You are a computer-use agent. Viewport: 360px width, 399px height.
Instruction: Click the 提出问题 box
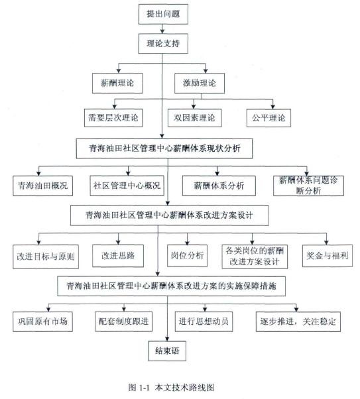[x=163, y=14]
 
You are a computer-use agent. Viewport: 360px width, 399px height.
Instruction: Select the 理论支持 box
[x=163, y=44]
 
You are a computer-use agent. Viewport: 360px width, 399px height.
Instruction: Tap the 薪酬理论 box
[x=117, y=83]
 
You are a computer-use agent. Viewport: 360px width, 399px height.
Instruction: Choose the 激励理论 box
[x=200, y=83]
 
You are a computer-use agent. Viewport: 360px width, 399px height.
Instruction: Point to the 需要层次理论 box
[x=113, y=118]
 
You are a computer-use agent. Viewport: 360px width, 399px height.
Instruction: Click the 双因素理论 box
[x=194, y=118]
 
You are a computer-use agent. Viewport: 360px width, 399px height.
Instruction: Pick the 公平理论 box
[x=269, y=118]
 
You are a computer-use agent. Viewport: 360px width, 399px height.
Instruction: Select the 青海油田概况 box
[x=43, y=186]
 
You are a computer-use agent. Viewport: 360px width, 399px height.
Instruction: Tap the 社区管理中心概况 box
[x=127, y=186]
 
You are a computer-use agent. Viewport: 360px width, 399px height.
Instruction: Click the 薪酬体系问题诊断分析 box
[x=308, y=186]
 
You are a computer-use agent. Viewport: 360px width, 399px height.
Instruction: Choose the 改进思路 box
[x=118, y=256]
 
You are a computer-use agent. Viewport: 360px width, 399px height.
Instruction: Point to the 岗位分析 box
[x=187, y=256]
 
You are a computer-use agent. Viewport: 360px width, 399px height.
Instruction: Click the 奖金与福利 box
[x=328, y=256]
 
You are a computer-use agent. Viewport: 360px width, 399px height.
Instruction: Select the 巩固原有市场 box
[x=43, y=321]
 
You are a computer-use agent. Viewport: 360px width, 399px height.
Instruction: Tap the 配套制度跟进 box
[x=124, y=321]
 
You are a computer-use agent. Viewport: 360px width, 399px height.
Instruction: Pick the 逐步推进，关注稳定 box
[x=298, y=321]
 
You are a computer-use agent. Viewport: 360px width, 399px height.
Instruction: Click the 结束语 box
[x=167, y=351]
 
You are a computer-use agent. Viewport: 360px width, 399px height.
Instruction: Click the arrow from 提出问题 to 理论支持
[x=162, y=28]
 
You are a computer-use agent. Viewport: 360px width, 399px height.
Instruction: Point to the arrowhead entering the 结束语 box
[x=167, y=339]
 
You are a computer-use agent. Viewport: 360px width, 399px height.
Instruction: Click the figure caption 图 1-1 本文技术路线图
[x=171, y=388]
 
